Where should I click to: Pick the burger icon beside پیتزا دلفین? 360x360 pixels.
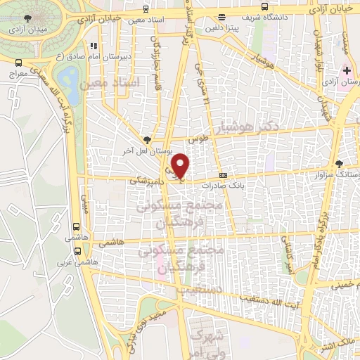(222, 17)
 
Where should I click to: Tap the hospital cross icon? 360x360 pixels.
(347, 70)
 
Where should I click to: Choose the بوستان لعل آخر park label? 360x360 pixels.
(147, 150)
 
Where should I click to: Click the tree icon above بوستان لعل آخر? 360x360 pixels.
(147, 139)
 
